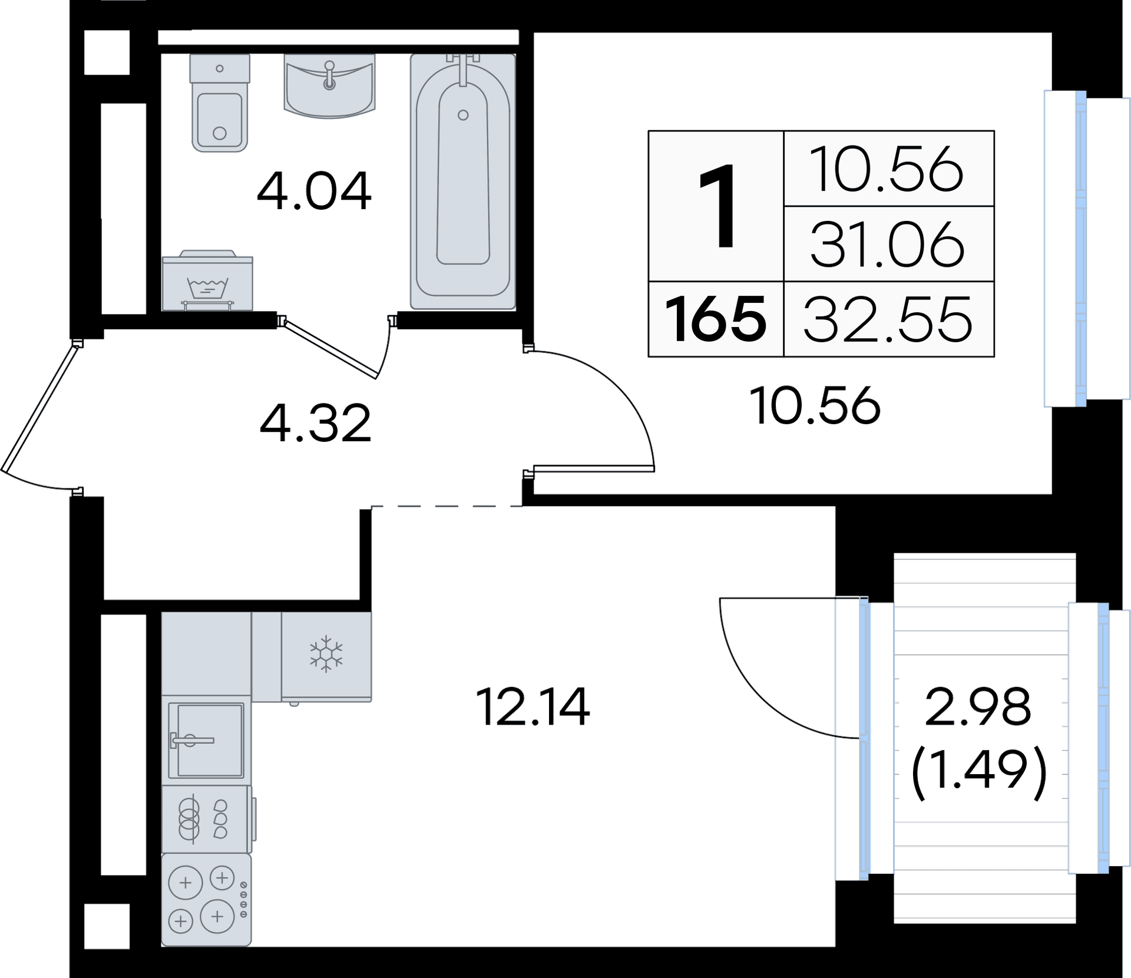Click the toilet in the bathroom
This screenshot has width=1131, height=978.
[219, 103]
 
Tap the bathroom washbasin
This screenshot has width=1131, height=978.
[329, 85]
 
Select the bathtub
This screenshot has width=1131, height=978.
[463, 181]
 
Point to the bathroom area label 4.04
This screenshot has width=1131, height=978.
[314, 191]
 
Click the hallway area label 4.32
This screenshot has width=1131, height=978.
[316, 423]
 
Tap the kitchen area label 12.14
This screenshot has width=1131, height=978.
[533, 708]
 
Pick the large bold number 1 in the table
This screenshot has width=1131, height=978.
[716, 206]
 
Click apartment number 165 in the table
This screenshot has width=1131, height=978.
[716, 319]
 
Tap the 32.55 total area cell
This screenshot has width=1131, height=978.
[888, 319]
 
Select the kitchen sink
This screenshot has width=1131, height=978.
[206, 741]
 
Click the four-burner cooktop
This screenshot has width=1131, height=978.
[206, 900]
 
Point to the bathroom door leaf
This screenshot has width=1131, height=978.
[329, 347]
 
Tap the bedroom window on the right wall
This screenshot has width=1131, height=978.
[1080, 248]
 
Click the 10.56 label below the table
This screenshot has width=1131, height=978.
[815, 406]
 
